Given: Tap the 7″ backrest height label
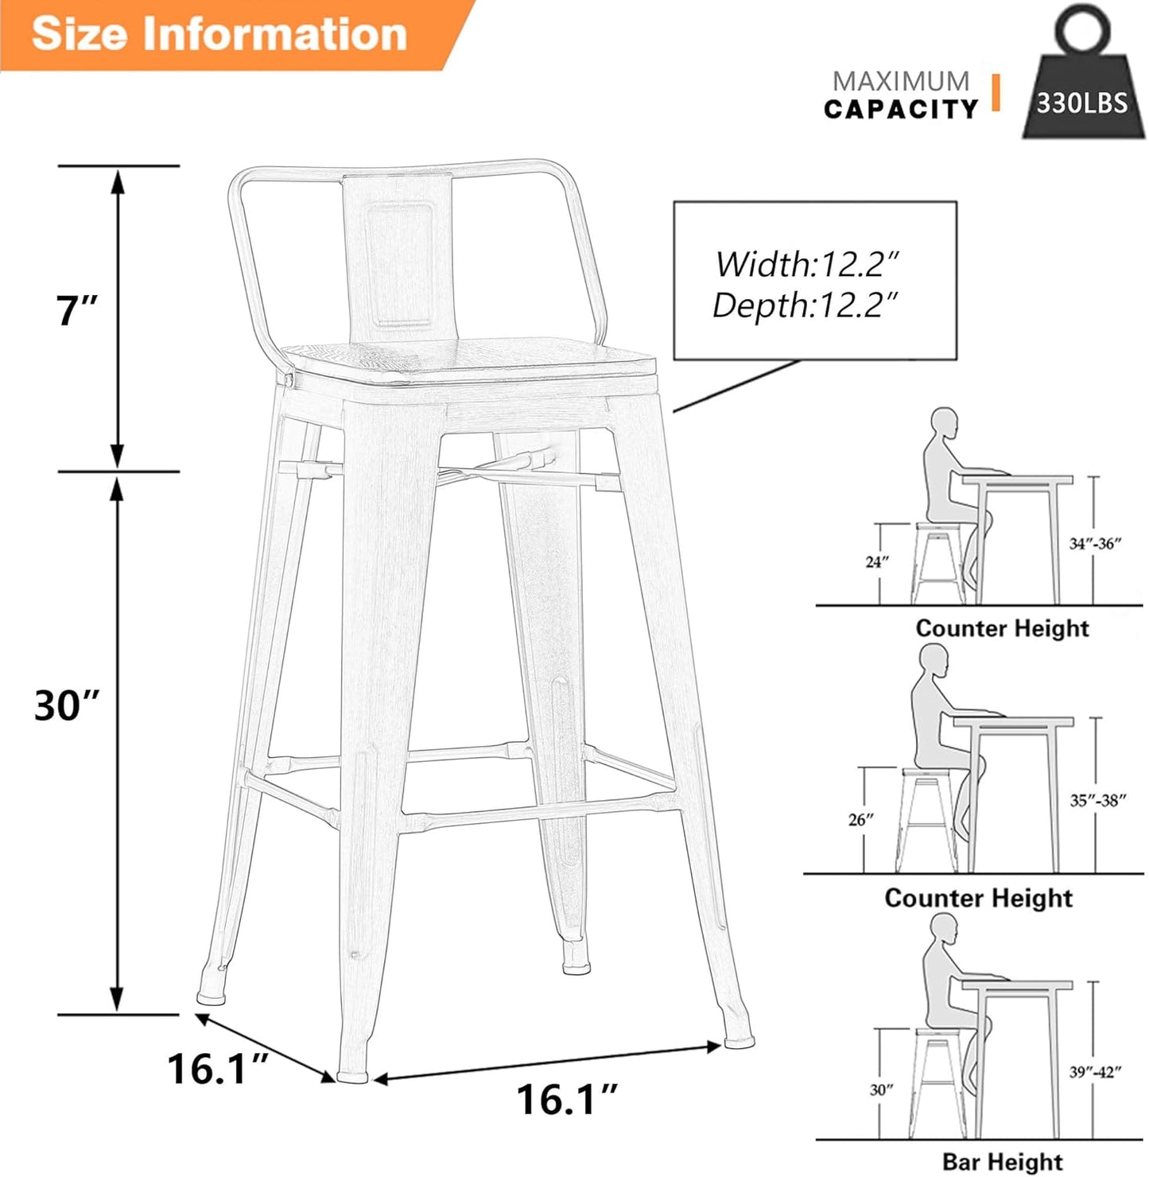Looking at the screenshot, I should click(76, 310).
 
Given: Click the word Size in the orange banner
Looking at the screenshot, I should click(78, 34).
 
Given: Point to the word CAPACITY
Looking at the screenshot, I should click(900, 110).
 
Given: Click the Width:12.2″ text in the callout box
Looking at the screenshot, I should click(806, 264).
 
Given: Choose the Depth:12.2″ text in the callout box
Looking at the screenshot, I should click(805, 305).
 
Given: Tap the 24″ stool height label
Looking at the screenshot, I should click(877, 562).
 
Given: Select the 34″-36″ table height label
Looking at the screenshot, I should click(1095, 544).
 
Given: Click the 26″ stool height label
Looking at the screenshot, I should click(860, 819).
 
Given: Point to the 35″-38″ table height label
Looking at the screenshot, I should click(1097, 801).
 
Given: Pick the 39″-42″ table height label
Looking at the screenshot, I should click(1095, 1072).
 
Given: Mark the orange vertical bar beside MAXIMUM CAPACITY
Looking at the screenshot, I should click(995, 92).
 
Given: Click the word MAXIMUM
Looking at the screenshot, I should click(900, 81).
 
